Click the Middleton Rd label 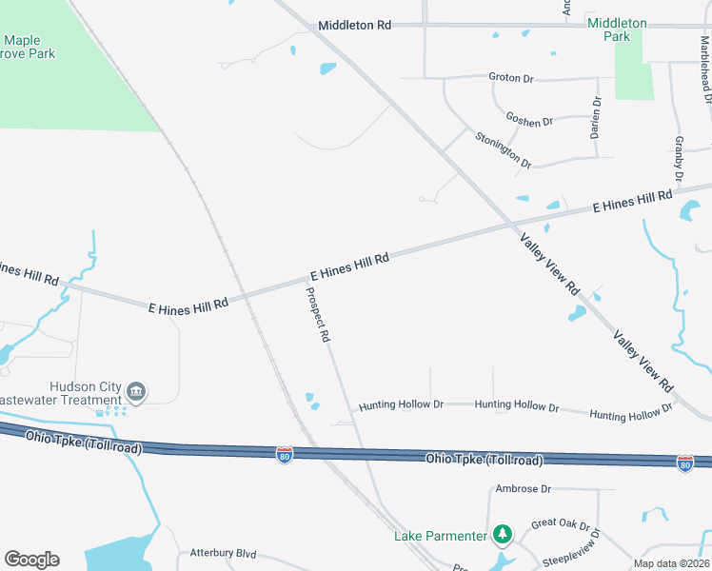pyautogui.click(x=354, y=26)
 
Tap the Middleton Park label pyautogui.click(x=617, y=30)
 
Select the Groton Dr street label pyautogui.click(x=511, y=77)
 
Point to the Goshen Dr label pyautogui.click(x=529, y=121)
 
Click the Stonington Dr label pyautogui.click(x=503, y=150)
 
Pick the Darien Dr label pyautogui.click(x=597, y=118)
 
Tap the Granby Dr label pyautogui.click(x=679, y=159)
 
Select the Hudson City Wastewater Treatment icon pyautogui.click(x=136, y=392)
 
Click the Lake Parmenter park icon pyautogui.click(x=503, y=536)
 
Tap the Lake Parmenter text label pyautogui.click(x=440, y=536)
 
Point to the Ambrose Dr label pyautogui.click(x=524, y=489)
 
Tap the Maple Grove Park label pyautogui.click(x=29, y=47)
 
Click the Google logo pyautogui.click(x=31, y=560)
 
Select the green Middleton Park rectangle pyautogui.click(x=634, y=71)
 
